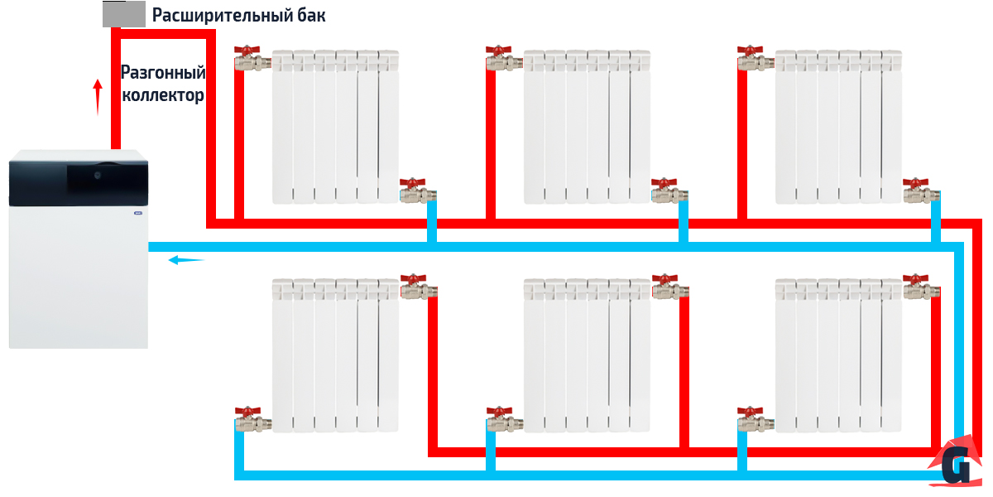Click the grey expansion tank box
(122, 14)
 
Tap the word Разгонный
(163, 73)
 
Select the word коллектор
(163, 95)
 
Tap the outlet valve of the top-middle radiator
(667, 192)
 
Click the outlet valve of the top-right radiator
(919, 192)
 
